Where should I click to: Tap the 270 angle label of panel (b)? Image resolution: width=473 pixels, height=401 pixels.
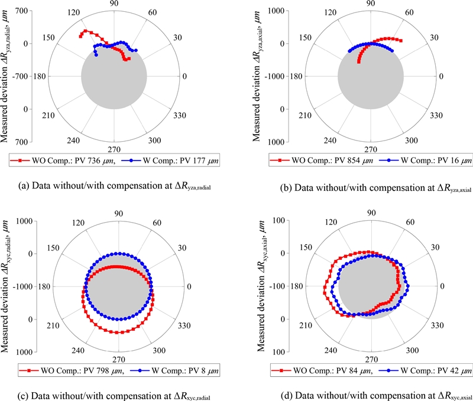point(371,149)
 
